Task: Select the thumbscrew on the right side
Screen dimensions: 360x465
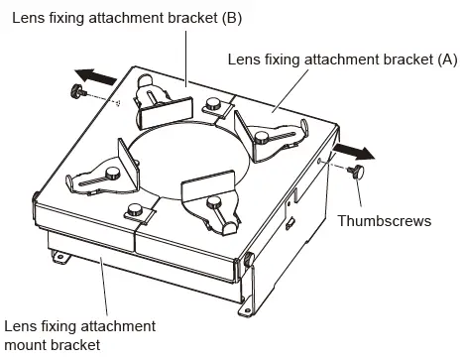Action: point(357,173)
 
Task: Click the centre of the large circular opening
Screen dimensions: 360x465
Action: point(183,164)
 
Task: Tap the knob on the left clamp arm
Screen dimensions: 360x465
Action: point(112,175)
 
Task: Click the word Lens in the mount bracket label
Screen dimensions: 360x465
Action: point(21,325)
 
